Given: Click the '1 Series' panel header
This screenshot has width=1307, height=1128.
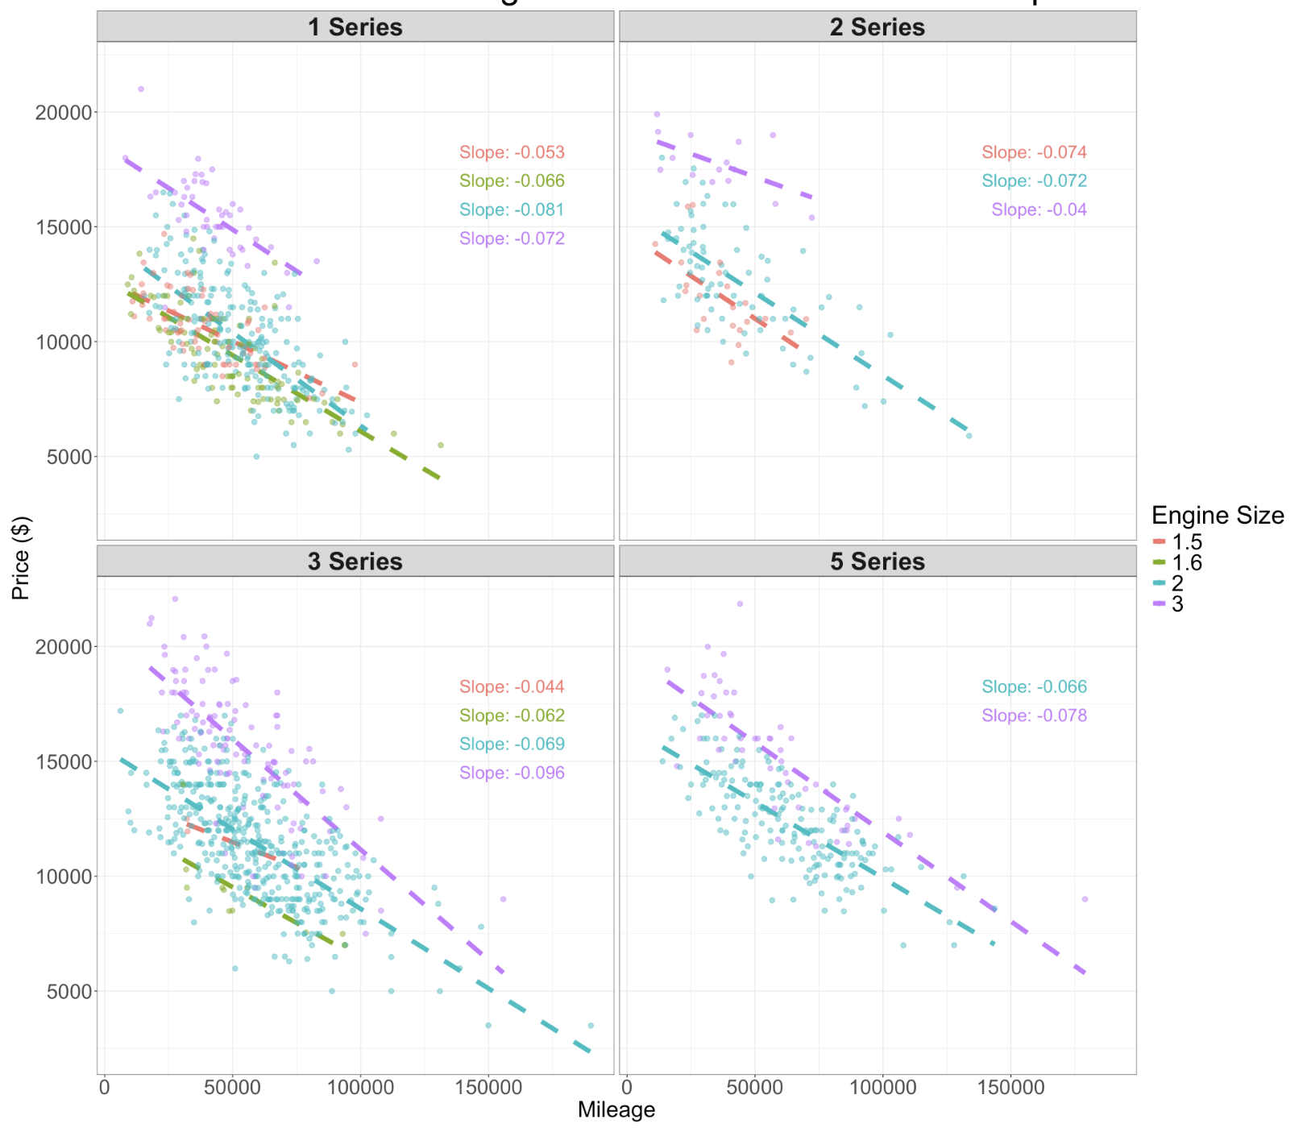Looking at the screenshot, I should [355, 27].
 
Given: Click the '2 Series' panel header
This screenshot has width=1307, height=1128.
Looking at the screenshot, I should [877, 27].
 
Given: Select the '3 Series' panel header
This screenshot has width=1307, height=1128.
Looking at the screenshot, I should [355, 561].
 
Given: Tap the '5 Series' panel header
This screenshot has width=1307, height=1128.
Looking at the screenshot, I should [877, 561].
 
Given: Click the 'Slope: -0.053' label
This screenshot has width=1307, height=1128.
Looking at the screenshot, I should [512, 152].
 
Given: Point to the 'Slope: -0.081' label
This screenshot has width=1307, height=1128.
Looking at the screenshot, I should [512, 209].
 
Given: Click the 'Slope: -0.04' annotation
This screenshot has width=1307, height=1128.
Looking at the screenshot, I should [1039, 209].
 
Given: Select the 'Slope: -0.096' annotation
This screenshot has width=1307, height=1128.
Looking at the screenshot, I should [512, 773].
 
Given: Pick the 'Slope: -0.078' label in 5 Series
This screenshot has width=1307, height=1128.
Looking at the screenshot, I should [1034, 715].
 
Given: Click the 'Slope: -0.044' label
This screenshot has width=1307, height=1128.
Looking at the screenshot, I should [512, 686].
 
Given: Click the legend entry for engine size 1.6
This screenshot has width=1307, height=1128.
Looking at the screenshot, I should [1186, 562].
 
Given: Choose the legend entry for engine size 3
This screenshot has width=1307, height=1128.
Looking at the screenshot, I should [1177, 603].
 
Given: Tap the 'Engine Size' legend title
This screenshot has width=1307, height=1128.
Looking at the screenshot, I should [1217, 515].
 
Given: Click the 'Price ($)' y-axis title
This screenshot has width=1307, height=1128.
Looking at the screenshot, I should [20, 558].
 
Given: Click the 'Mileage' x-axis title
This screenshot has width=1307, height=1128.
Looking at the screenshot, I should [616, 1109].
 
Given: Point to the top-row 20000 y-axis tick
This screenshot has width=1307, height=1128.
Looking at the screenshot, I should [64, 113].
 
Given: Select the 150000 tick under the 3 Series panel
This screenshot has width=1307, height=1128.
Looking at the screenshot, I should [488, 1087].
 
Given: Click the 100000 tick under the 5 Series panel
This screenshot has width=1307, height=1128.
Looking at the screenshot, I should [882, 1087].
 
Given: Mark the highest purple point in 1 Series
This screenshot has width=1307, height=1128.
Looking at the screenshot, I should [141, 89].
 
